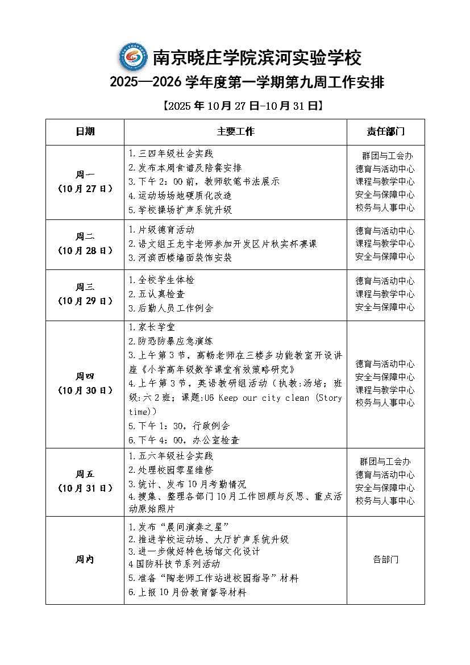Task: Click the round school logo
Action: (133, 57)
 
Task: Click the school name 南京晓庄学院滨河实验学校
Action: (257, 58)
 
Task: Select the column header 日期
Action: (85, 132)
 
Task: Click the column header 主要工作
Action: (235, 132)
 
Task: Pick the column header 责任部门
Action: (385, 132)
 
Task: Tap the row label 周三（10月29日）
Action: (85, 294)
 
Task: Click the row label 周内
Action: (85, 560)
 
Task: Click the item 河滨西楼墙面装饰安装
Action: (181, 257)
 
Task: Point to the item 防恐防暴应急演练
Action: (171, 341)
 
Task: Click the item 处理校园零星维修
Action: (171, 470)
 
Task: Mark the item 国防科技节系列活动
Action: (174, 564)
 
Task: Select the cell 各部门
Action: (385, 560)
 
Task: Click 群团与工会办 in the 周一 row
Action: (387, 156)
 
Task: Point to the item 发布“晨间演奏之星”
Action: (179, 527)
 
